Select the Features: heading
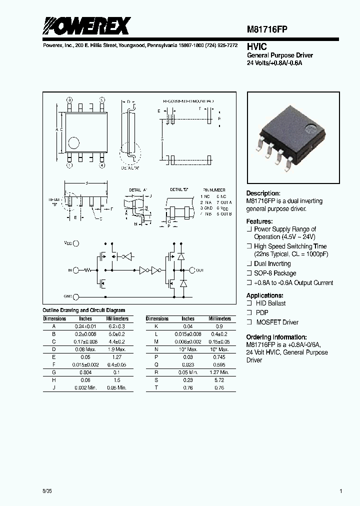pos(259,221)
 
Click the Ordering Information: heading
pos(276,337)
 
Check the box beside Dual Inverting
pos(249,263)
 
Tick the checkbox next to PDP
pos(249,312)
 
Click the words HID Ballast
pos(270,303)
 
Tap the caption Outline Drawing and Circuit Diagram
pos(84,310)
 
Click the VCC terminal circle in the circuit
pos(76,243)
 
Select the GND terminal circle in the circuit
pos(76,296)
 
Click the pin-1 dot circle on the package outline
pos(73,143)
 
